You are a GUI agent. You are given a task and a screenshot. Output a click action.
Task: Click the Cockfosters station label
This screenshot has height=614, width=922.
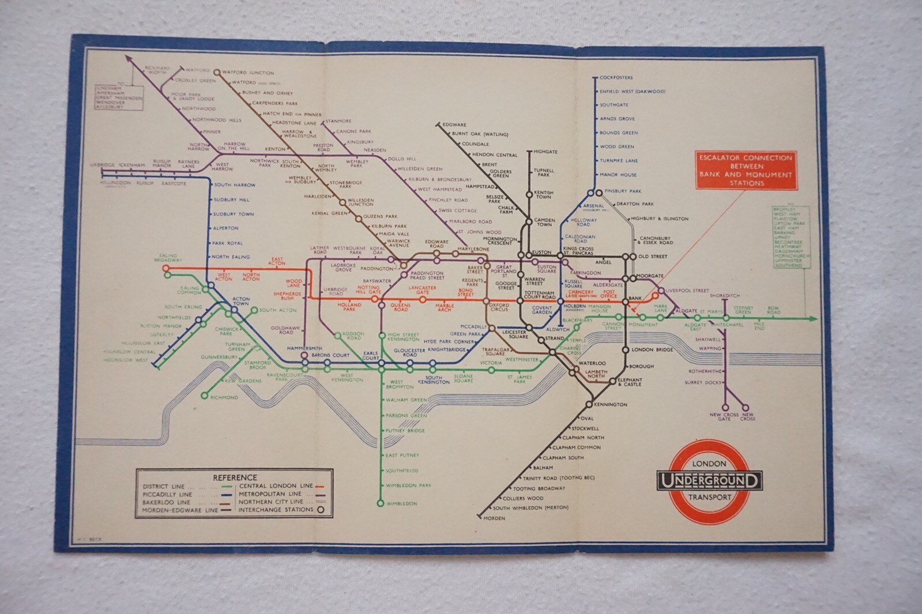point(616,77)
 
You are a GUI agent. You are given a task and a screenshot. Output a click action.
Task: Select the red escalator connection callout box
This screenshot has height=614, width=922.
point(746,170)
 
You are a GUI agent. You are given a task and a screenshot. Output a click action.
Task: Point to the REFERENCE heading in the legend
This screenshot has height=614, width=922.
point(235,477)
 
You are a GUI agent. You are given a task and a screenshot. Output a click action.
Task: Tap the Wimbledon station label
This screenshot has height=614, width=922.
point(401,504)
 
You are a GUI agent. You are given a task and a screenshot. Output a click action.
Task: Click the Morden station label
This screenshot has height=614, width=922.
point(494,518)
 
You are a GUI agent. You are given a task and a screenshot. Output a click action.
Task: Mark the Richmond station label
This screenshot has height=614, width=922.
point(224,398)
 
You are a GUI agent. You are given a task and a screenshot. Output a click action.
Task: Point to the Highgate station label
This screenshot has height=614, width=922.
point(545,152)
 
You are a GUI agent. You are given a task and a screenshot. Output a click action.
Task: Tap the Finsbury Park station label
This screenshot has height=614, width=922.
point(623,191)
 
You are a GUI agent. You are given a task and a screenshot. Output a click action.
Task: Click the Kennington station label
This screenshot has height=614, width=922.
point(610,405)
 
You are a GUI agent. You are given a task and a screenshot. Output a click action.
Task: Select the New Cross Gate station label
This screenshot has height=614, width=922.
point(724,417)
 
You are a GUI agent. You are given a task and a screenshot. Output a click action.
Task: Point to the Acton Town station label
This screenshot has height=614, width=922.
point(240,301)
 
